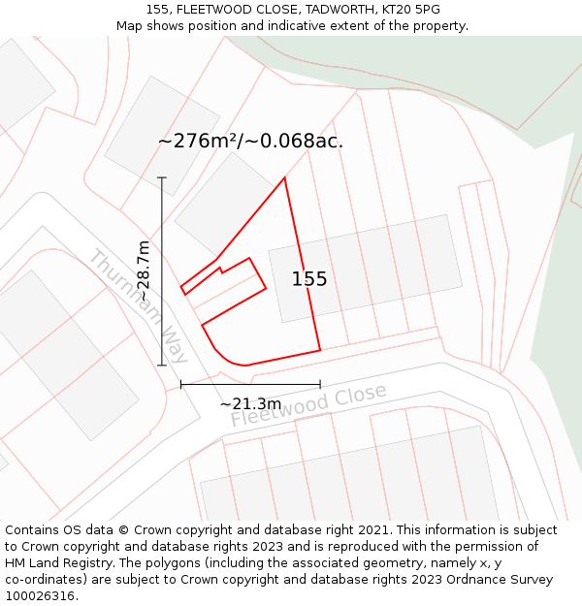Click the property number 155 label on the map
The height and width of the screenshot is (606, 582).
[309, 279]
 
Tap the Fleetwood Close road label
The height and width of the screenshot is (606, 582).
[308, 405]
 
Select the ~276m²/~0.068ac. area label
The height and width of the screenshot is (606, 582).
[250, 141]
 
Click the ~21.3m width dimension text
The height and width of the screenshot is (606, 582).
[250, 403]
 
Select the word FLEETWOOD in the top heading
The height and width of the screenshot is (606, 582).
[211, 10]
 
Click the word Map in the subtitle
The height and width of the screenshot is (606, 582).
[130, 25]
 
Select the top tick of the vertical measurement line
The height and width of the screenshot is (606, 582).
[162, 177]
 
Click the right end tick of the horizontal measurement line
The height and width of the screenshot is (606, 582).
[320, 385]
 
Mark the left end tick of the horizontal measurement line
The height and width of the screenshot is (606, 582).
[181, 385]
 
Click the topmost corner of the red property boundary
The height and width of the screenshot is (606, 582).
[284, 177]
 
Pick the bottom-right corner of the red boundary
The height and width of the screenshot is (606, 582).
[319, 350]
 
